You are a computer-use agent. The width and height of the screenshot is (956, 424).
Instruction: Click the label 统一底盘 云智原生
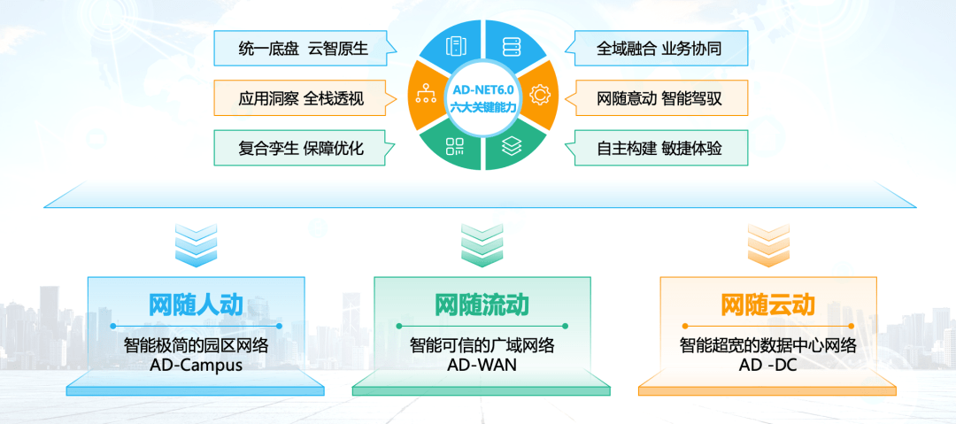(304, 49)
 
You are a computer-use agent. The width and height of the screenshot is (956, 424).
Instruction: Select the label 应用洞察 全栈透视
(302, 98)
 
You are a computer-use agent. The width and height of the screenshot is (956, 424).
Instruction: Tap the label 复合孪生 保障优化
(302, 148)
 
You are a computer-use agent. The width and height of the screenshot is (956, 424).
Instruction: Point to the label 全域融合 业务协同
(659, 49)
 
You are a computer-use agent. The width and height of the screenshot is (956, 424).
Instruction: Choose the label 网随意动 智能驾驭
(659, 98)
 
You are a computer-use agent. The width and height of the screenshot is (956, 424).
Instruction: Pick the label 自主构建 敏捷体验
(659, 148)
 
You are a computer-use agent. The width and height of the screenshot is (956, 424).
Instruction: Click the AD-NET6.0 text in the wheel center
(483, 89)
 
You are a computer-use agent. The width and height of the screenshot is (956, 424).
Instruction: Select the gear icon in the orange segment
(540, 95)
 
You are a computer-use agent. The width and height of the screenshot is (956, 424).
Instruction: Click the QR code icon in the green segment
(455, 146)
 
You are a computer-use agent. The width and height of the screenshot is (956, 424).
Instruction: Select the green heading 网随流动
(482, 305)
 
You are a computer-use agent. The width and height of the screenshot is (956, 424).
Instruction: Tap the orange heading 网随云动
(768, 305)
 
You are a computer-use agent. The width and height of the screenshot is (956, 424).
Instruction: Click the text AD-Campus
(196, 366)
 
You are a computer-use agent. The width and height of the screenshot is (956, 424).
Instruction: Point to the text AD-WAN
(482, 366)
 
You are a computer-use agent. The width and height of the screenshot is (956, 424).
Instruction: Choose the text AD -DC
(768, 366)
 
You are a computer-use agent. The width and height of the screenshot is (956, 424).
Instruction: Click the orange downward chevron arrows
(768, 245)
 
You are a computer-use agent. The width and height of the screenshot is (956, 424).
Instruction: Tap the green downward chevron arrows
(482, 245)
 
